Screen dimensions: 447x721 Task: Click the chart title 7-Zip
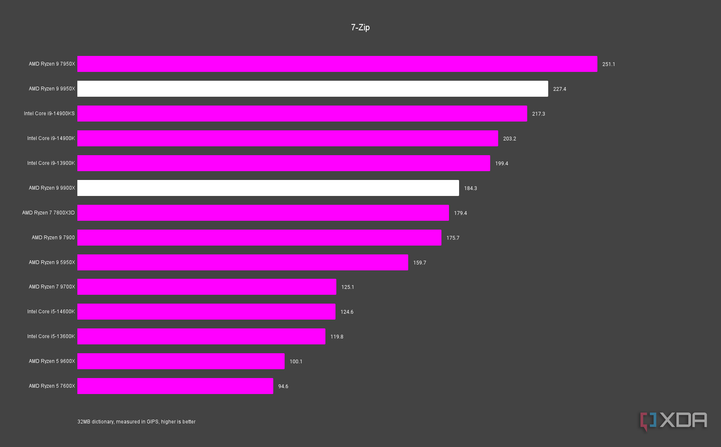click(x=360, y=27)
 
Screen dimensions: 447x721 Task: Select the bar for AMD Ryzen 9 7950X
click(x=337, y=64)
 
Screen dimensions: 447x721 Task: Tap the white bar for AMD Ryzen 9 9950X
click(x=312, y=89)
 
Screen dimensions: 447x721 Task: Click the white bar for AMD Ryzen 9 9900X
click(x=268, y=188)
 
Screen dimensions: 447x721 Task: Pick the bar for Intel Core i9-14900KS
click(x=302, y=114)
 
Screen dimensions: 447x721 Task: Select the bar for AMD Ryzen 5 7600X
click(x=175, y=386)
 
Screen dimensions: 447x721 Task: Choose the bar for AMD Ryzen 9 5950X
click(x=243, y=262)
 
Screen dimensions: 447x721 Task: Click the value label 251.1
click(x=608, y=64)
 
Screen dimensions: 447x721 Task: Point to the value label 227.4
click(x=560, y=89)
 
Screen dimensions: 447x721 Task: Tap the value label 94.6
click(x=283, y=386)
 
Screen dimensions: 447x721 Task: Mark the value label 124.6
click(x=347, y=312)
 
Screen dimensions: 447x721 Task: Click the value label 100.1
click(x=296, y=362)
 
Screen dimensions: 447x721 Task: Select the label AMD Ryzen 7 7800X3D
click(x=48, y=213)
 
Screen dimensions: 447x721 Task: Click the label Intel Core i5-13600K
click(x=51, y=336)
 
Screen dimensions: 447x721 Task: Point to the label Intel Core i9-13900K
click(x=51, y=163)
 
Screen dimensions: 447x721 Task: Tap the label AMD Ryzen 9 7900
click(x=53, y=238)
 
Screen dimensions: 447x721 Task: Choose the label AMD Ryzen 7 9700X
click(x=52, y=287)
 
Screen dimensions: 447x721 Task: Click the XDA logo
click(x=673, y=421)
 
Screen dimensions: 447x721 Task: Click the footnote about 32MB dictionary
click(x=136, y=422)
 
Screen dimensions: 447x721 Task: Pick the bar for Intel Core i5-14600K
click(x=206, y=312)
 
